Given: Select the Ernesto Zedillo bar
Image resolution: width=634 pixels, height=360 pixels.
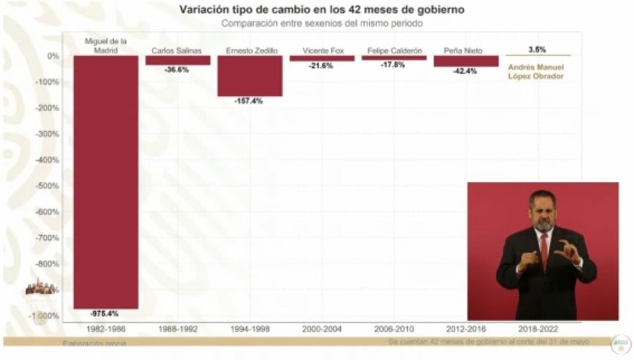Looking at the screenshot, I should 250,75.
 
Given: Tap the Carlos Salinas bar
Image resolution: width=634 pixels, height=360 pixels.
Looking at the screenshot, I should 178,60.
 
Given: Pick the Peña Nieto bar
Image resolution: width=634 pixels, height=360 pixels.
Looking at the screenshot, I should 466,61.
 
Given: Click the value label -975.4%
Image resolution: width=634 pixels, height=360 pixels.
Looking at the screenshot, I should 105,314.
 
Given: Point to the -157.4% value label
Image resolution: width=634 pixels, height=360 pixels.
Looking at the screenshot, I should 248,101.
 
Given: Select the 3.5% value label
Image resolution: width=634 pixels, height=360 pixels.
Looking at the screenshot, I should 537,50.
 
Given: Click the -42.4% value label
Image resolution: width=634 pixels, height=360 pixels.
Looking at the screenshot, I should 465,71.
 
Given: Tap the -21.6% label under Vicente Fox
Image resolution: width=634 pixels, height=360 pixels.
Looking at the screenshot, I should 320,66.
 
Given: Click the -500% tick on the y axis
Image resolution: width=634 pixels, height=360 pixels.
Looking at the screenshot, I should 49,186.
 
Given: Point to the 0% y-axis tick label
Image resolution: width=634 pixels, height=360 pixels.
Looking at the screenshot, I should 53,56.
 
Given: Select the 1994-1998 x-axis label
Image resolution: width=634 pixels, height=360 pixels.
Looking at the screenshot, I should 250,329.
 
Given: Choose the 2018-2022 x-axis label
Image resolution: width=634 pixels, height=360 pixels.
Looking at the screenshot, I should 538,329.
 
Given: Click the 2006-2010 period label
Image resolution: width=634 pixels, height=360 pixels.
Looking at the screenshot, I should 394,329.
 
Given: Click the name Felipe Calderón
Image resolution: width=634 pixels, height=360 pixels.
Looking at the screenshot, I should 394,51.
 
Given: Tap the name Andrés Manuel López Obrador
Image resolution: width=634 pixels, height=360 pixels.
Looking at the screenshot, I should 535,71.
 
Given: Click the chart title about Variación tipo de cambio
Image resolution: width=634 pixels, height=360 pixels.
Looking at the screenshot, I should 321,10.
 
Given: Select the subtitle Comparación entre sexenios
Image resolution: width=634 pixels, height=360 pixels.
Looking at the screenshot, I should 321,24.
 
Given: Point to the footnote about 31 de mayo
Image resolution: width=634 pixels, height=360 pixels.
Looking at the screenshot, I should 489,342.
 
